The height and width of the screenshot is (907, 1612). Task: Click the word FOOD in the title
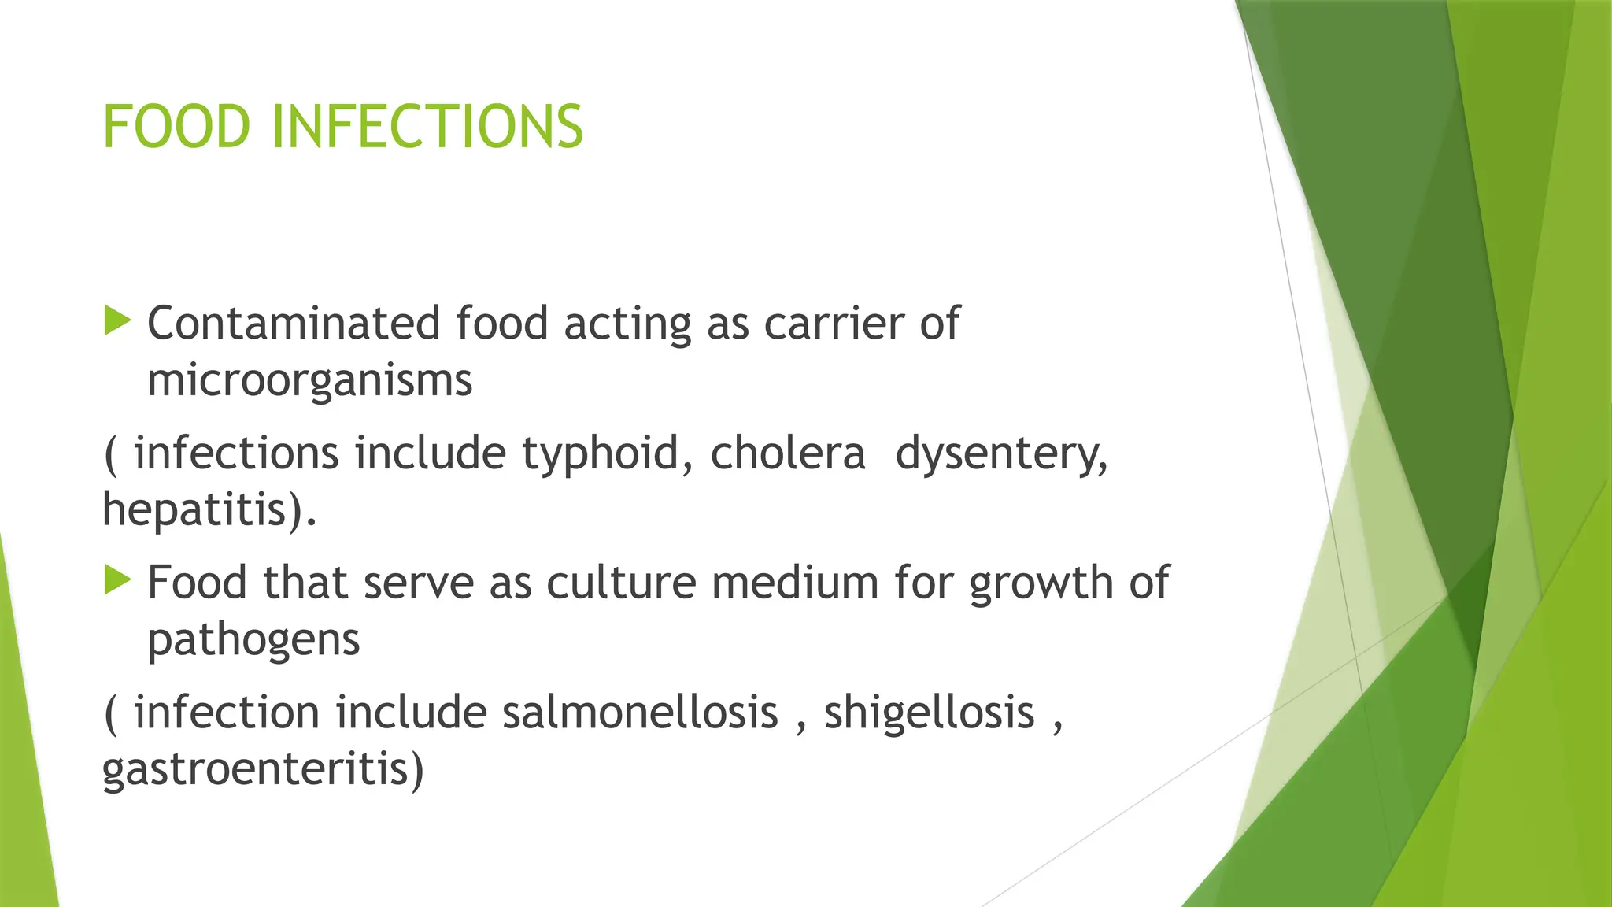coord(176,127)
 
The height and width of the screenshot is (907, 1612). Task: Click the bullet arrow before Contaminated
coord(117,321)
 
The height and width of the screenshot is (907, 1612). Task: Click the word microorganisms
coord(309,380)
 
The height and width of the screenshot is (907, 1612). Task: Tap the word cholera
coord(787,453)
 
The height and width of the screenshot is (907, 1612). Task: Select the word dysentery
coord(1001,454)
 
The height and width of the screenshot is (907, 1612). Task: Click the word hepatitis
coord(204,510)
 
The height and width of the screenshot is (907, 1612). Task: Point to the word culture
coord(621,583)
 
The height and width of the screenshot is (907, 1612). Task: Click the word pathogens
coord(253,640)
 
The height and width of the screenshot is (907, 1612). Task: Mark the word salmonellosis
coord(639,713)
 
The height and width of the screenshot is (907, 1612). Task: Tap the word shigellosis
coord(929,713)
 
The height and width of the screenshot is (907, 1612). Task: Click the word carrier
coord(834,324)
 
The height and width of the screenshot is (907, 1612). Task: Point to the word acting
coord(627,324)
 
